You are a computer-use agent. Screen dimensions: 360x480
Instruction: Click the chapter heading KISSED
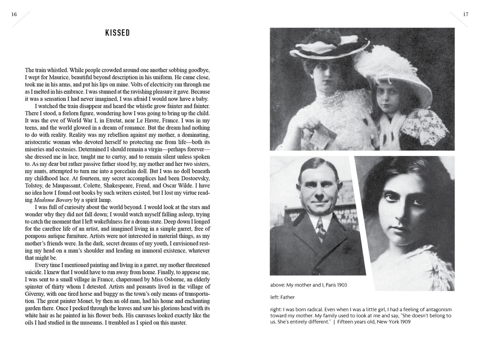[x=117, y=33]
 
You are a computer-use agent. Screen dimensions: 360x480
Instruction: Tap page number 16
[x=14, y=15]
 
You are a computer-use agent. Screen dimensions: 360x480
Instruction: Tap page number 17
[x=465, y=15]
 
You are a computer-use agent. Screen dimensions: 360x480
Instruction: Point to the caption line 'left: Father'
[x=283, y=297]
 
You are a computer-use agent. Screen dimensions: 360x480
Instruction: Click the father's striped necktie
[x=320, y=230]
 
